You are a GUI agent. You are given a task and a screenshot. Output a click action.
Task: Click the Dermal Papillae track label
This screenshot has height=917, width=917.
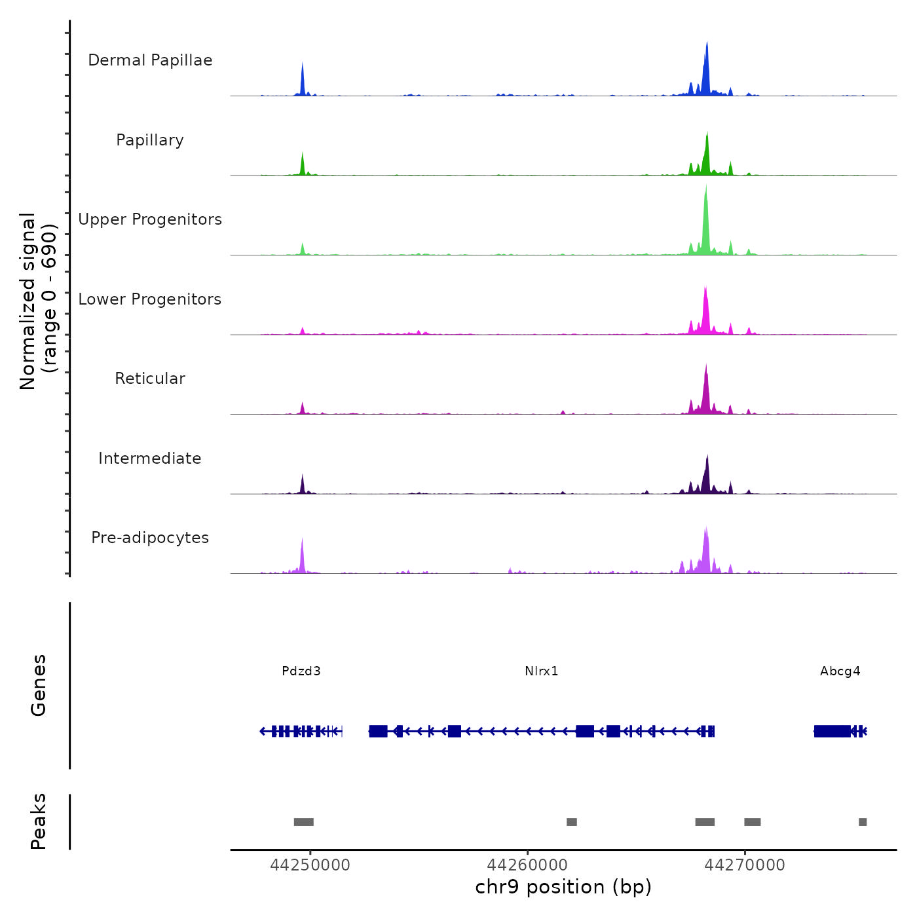click(150, 60)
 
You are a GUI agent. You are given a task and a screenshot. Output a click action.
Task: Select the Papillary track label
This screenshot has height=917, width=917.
click(150, 140)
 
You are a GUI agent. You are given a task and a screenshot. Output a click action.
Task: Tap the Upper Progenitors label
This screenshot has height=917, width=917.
click(150, 219)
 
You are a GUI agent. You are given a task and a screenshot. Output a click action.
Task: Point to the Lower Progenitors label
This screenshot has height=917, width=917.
click(150, 299)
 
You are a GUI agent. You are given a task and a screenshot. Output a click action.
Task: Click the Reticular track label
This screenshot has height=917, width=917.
click(150, 379)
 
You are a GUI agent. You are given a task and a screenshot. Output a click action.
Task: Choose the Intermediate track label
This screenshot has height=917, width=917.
click(150, 458)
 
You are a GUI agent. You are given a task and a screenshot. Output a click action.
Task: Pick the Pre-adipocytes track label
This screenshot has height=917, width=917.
click(150, 538)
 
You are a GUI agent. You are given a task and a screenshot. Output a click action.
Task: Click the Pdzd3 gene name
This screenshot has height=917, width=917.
click(301, 671)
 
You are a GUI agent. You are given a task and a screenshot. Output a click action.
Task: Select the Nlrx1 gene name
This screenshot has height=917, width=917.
click(542, 671)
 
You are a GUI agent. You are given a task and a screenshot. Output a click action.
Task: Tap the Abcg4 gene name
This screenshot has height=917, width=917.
click(840, 671)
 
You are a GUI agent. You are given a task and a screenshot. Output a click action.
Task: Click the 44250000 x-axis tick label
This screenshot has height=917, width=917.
click(310, 865)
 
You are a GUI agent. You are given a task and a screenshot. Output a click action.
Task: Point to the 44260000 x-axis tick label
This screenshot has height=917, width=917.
click(527, 865)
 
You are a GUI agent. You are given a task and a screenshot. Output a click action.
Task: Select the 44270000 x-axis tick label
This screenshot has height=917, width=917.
click(745, 865)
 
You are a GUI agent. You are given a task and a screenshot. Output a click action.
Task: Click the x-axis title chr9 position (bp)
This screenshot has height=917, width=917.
click(563, 888)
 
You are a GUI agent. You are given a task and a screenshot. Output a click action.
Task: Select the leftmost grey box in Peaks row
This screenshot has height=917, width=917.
click(304, 822)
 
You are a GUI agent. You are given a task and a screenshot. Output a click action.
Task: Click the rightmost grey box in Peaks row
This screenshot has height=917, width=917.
click(863, 822)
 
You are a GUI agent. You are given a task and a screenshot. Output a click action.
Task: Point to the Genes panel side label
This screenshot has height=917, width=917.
click(39, 685)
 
